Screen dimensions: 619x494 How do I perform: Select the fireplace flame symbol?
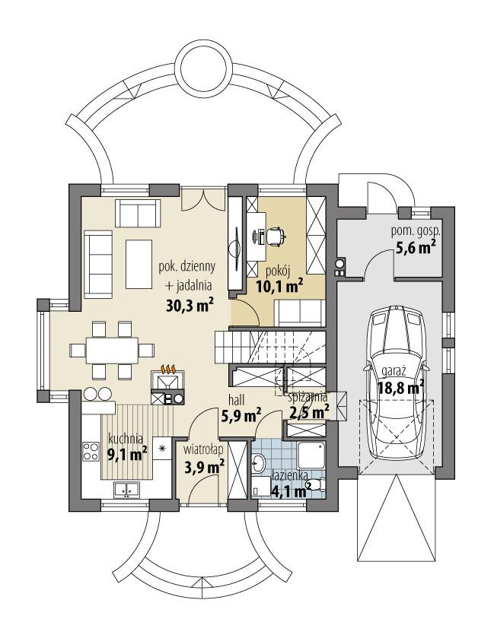pos(170,370)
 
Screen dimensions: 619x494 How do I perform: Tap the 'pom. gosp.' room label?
pos(417,230)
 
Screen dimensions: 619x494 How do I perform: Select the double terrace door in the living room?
pos(203,199)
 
